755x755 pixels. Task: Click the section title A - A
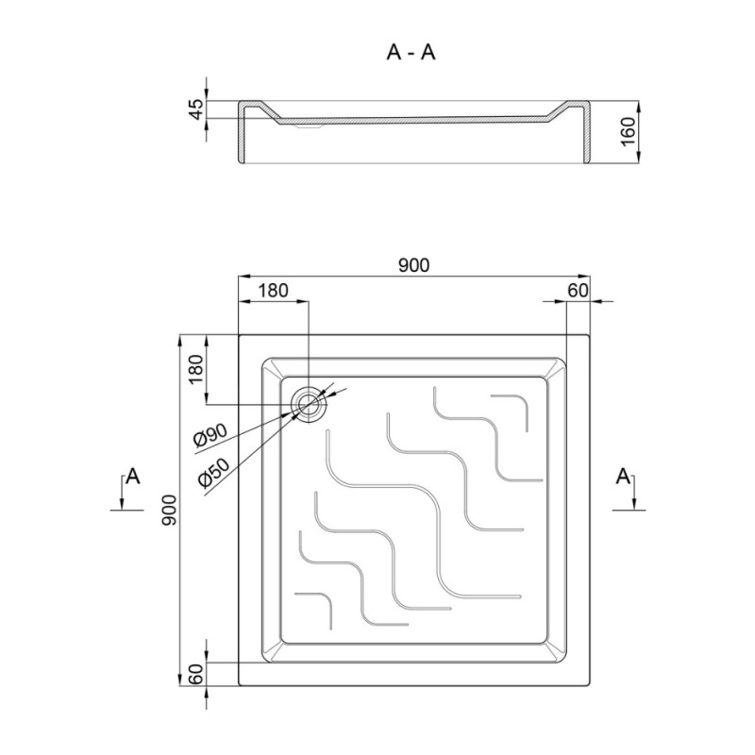(x=411, y=53)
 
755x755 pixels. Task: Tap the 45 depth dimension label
(x=197, y=109)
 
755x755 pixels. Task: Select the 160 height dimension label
(x=628, y=132)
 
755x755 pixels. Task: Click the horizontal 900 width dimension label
(x=414, y=265)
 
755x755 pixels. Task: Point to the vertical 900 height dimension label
(x=171, y=510)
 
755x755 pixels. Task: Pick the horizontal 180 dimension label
(x=273, y=291)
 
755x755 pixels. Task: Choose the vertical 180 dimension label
(x=196, y=369)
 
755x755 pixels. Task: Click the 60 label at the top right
(x=578, y=291)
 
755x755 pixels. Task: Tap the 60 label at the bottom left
(x=196, y=674)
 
